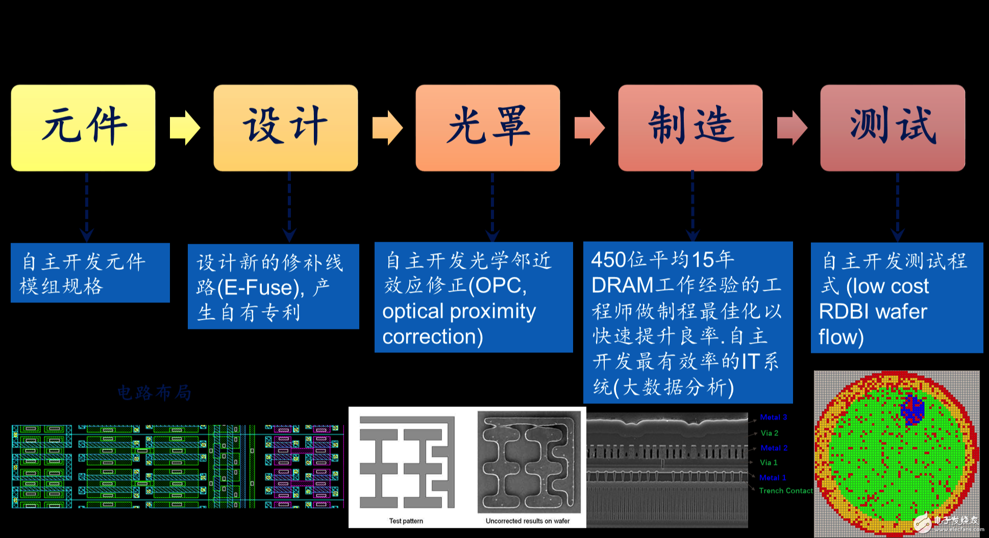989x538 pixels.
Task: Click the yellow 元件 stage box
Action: pos(83,127)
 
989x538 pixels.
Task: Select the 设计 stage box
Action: pos(285,127)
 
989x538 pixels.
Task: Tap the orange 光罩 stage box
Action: pos(487,127)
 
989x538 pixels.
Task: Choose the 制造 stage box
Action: pos(690,127)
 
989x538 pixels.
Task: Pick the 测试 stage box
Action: pos(893,127)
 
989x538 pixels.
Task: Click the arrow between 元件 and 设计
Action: pos(185,127)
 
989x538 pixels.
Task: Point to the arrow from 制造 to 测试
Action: pos(792,127)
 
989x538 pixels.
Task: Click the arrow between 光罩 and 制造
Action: pos(589,127)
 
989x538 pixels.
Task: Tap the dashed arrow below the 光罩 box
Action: pos(492,207)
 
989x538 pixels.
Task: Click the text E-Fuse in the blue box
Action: pos(261,288)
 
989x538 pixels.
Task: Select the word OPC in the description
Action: pos(497,286)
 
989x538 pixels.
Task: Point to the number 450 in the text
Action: pos(608,260)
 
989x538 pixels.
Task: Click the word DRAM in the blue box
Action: pos(622,286)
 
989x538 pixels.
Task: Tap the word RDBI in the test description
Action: pos(845,312)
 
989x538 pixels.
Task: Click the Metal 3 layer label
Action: pos(773,417)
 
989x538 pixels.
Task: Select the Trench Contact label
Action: pos(785,491)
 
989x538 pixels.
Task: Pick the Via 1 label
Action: pos(769,463)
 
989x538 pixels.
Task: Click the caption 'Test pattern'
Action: pos(406,521)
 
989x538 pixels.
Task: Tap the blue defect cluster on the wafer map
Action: pos(912,408)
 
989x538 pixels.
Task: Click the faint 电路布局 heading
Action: pos(154,393)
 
